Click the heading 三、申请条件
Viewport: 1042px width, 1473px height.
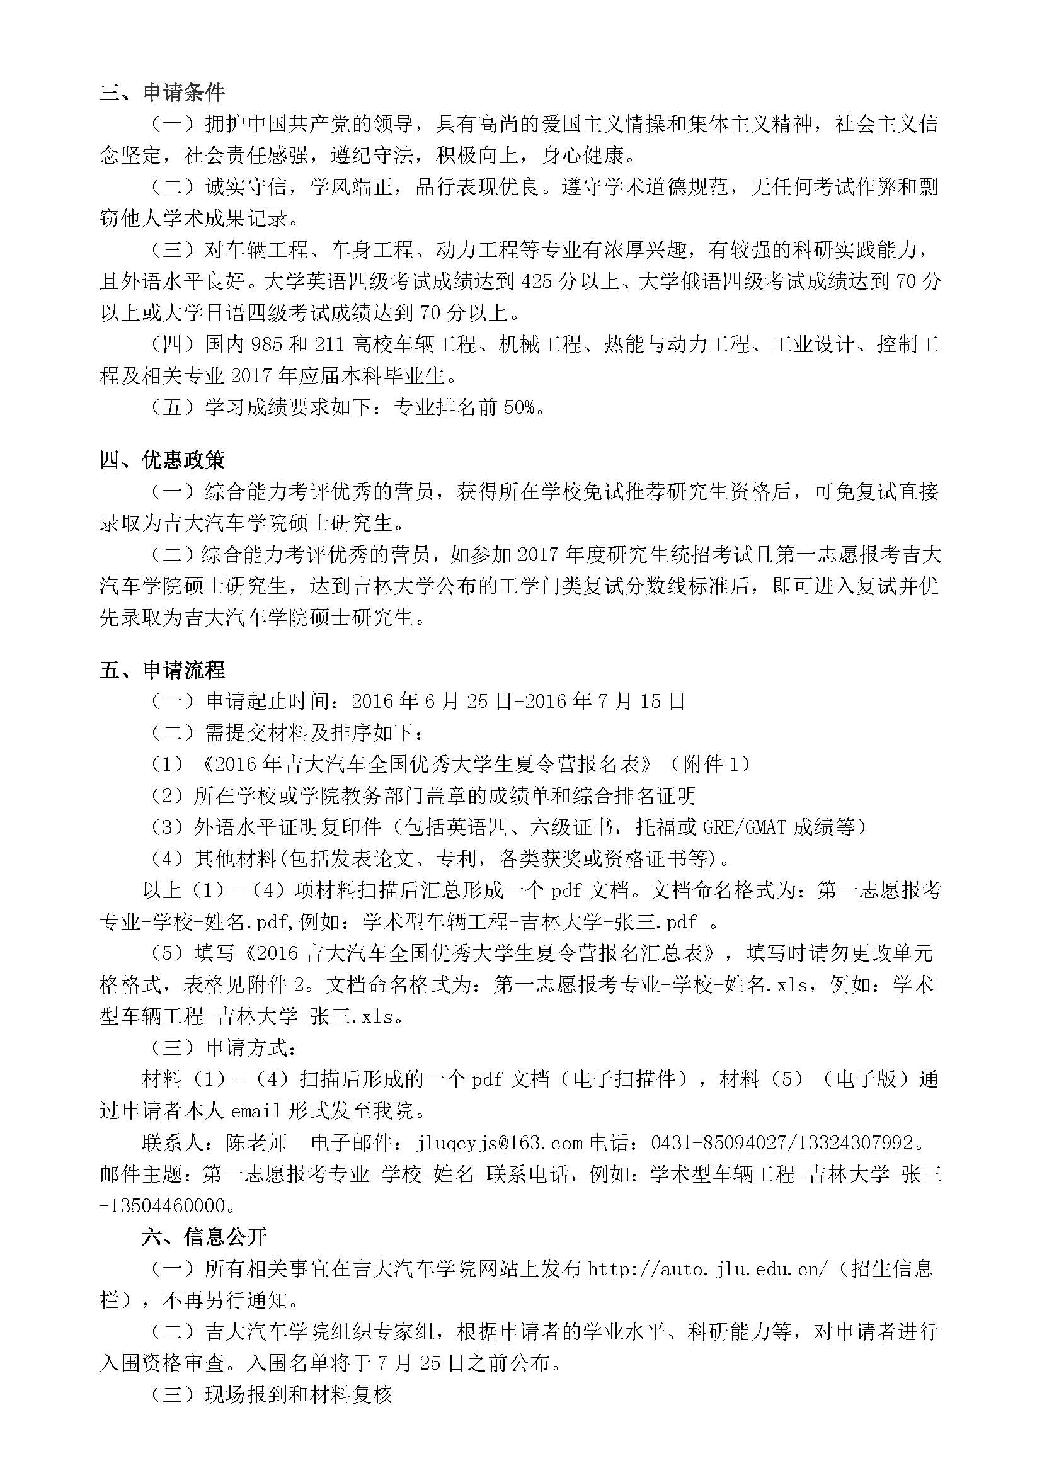pyautogui.click(x=163, y=93)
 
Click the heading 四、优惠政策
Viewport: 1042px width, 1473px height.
pyautogui.click(x=163, y=460)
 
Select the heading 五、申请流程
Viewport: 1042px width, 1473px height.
pyautogui.click(x=163, y=671)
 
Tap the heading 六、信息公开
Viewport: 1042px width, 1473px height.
pyautogui.click(x=204, y=1237)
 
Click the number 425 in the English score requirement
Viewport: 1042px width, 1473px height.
pyautogui.click(x=537, y=282)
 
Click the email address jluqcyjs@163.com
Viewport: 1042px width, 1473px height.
pyautogui.click(x=499, y=1142)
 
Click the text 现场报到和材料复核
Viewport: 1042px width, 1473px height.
pyautogui.click(x=298, y=1395)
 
